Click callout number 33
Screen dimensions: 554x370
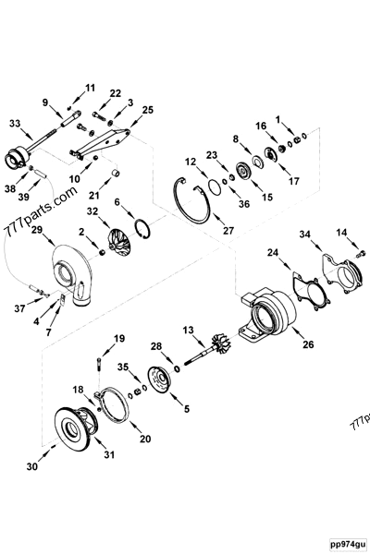14,122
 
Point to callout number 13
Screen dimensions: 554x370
188,329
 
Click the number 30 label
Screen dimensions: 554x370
32,468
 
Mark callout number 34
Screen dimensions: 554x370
304,235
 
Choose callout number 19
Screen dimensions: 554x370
118,339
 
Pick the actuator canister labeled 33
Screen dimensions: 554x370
18,160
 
